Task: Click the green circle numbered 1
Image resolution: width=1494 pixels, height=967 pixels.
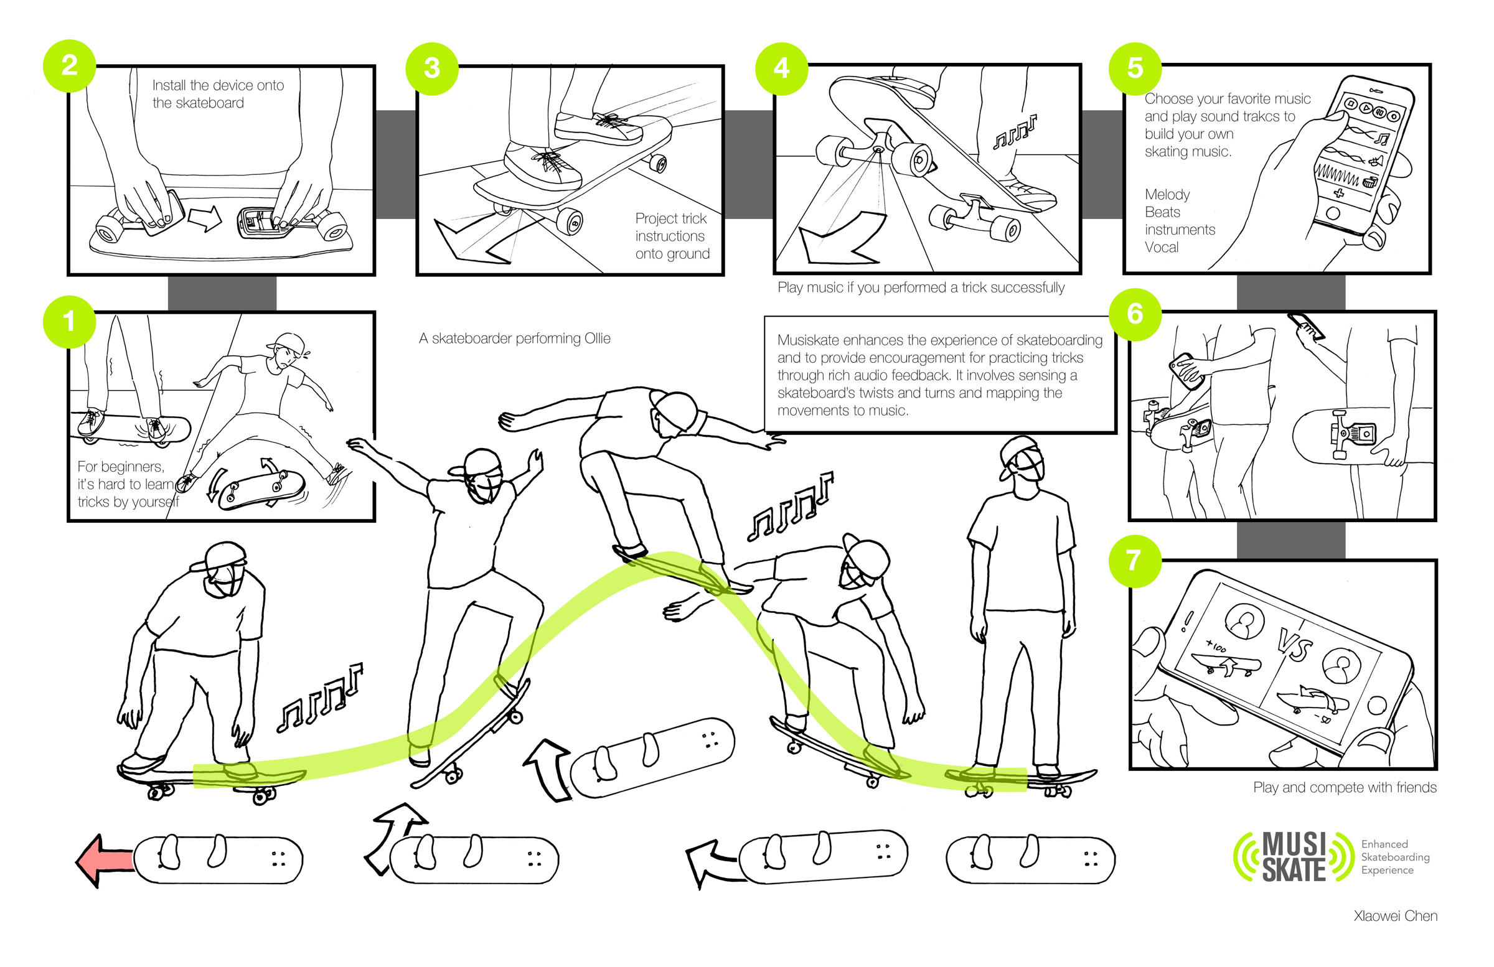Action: (69, 322)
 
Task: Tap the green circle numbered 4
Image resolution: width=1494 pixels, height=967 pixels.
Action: (781, 68)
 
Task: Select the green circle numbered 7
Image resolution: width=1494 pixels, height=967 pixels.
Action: (1134, 561)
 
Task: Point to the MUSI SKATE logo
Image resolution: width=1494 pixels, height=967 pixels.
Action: (1293, 857)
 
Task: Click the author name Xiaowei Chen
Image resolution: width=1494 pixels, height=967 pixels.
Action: (1395, 915)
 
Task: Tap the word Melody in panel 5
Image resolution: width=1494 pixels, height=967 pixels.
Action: (1167, 195)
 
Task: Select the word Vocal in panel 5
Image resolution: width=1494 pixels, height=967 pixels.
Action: (1162, 247)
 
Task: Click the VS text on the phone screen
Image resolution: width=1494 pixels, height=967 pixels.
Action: (1294, 645)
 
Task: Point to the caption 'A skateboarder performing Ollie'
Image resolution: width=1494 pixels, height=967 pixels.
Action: (514, 339)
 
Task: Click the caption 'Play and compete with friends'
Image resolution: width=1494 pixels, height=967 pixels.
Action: (1344, 787)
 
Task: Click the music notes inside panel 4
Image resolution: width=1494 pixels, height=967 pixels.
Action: (1015, 132)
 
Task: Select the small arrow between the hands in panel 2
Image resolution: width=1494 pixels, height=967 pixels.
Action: (205, 218)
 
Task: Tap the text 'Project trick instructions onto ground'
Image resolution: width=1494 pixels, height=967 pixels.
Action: (672, 236)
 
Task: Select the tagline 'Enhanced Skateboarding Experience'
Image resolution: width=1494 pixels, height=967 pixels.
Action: (1395, 857)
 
